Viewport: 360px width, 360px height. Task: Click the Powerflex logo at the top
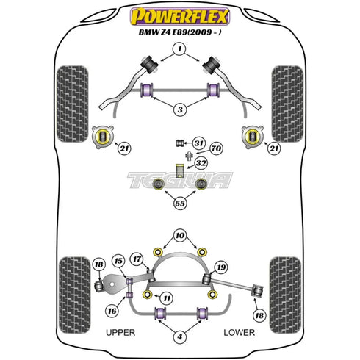(x=180, y=16)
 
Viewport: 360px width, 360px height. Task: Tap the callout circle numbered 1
(x=180, y=49)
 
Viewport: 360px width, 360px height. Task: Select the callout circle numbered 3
(x=180, y=109)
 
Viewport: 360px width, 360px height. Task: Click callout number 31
(x=198, y=143)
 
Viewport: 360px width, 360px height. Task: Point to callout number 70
(x=216, y=148)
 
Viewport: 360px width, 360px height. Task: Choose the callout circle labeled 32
(x=201, y=163)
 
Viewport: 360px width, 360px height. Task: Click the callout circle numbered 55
(x=180, y=203)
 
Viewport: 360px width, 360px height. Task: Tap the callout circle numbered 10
(x=180, y=236)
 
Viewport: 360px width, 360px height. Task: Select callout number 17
(x=137, y=259)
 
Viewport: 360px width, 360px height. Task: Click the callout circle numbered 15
(x=118, y=261)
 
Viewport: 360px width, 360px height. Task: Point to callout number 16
(x=112, y=311)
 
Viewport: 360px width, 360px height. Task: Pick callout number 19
(x=221, y=267)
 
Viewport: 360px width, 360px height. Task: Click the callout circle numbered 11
(x=167, y=298)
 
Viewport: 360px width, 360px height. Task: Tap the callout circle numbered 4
(x=180, y=336)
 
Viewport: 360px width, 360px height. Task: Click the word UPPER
(x=120, y=332)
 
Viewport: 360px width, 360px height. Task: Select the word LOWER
(x=240, y=332)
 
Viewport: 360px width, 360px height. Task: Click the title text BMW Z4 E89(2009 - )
(x=180, y=32)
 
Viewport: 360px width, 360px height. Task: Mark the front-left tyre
(x=73, y=104)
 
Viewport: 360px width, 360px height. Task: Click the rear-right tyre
(x=286, y=295)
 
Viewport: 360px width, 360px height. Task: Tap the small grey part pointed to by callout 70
(x=189, y=156)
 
